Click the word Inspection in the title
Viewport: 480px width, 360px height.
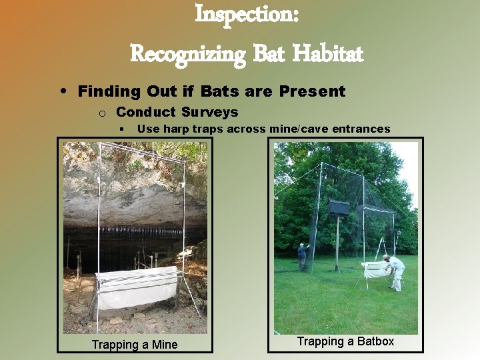coord(246,14)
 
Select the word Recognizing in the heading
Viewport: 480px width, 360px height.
coord(189,53)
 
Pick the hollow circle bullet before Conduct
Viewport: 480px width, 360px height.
coord(104,113)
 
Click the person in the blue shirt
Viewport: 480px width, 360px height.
coord(303,255)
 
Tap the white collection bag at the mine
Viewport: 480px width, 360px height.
coord(136,287)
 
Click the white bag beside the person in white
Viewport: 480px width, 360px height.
coord(375,269)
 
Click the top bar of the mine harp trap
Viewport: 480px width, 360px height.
coord(140,163)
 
